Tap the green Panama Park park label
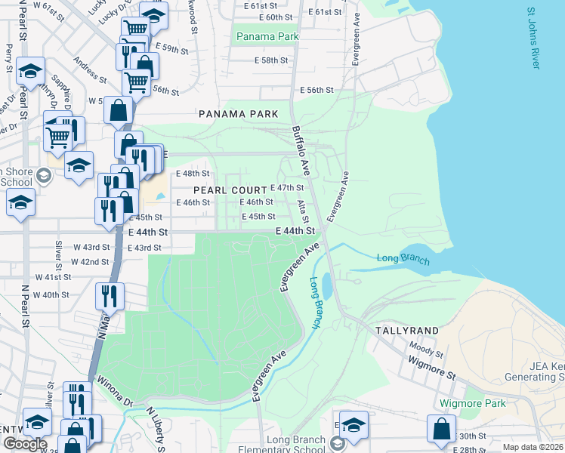point(267,36)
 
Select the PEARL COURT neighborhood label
point(230,190)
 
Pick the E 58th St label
point(272,60)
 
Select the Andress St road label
point(90,69)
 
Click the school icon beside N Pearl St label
point(29,71)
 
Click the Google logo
point(25,444)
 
